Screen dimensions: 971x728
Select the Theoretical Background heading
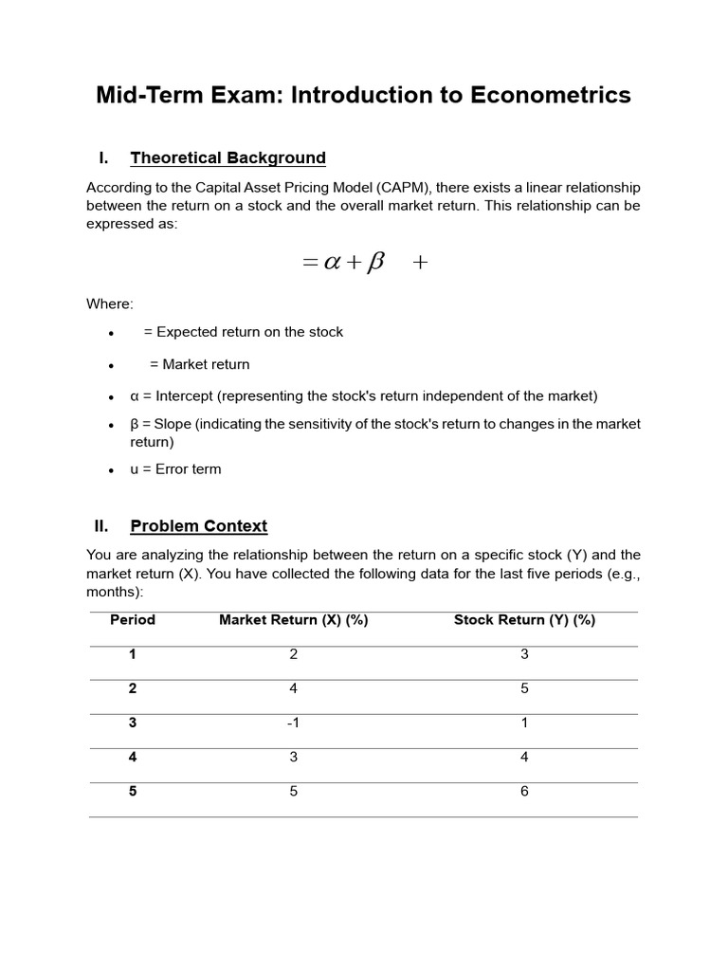tap(227, 157)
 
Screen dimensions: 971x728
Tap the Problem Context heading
tap(199, 525)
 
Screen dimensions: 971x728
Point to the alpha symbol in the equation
tap(332, 263)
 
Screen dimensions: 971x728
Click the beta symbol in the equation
tap(375, 263)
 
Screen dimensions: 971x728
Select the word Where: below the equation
tap(110, 303)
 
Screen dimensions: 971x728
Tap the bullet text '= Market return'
tap(199, 364)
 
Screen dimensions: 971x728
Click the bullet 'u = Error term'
tap(175, 469)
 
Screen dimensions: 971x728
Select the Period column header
tap(133, 620)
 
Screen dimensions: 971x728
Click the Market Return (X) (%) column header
tap(293, 620)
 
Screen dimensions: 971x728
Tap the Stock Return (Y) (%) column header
tap(524, 620)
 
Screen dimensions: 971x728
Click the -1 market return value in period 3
tap(293, 723)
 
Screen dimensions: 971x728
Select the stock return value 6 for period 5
tap(524, 791)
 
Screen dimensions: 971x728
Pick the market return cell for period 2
tap(293, 688)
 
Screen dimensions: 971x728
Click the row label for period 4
tap(133, 757)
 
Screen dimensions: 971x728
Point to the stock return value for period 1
tap(524, 654)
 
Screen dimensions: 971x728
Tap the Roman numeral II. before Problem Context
tap(101, 525)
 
